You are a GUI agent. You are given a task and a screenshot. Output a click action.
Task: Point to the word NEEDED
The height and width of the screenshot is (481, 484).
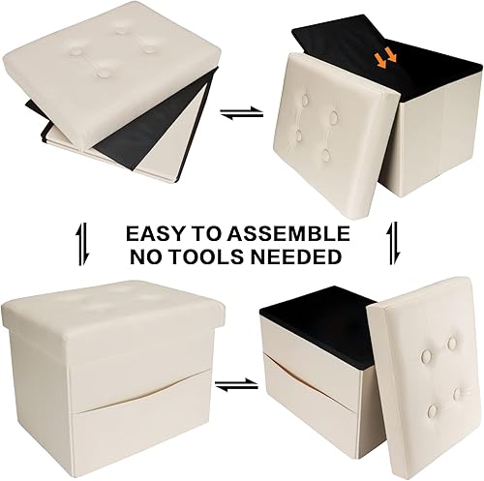301,256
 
